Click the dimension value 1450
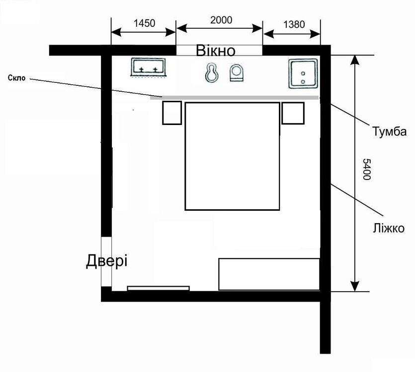pos(144,23)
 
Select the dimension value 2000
pos(221,20)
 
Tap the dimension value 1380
pos(294,25)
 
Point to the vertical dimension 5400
pos(366,169)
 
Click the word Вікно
pos(216,51)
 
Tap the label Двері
pos(107,261)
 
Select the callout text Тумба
pos(389,131)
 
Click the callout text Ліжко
pos(389,228)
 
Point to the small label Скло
pos(17,78)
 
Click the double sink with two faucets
pos(148,67)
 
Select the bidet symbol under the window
pos(212,71)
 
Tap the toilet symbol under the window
pos(237,72)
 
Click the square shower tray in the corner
pos(303,74)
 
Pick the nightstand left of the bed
pos(172,113)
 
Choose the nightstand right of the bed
pos(293,113)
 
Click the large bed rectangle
pos(232,156)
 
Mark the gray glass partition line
pos(234,98)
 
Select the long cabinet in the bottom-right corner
pos(269,274)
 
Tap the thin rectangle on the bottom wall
pos(158,288)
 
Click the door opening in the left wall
pos(106,261)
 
